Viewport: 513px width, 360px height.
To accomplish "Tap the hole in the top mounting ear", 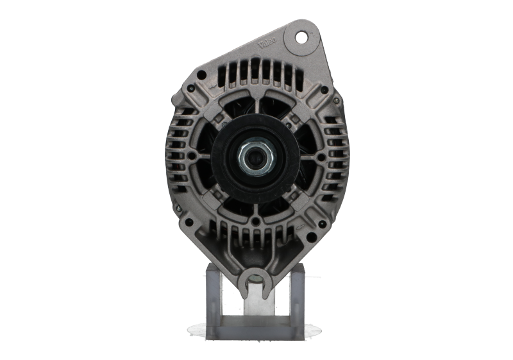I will [299, 37].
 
